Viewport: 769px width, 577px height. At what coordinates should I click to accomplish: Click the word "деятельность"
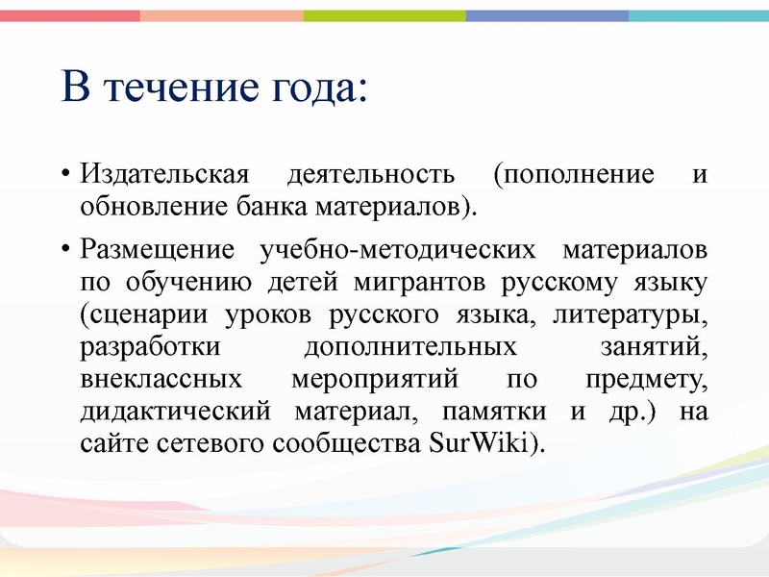click(x=370, y=176)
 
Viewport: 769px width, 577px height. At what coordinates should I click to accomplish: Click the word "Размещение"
click(x=157, y=251)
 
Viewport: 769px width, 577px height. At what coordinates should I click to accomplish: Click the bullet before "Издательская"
click(x=66, y=177)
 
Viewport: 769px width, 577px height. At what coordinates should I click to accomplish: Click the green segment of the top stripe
click(x=384, y=15)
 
